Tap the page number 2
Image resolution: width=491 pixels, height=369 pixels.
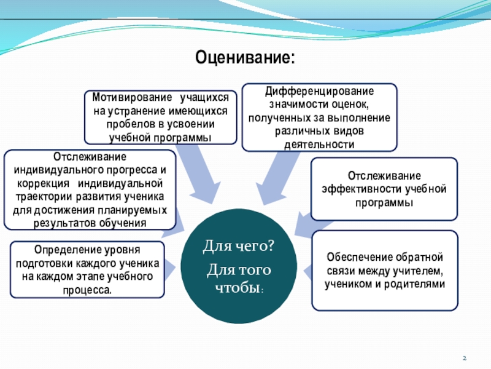pos(465,359)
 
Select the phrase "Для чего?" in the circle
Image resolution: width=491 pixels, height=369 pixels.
pos(239,247)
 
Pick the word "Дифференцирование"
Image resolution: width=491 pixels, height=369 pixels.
pos(319,92)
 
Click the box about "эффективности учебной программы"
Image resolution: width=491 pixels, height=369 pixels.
pos(384,188)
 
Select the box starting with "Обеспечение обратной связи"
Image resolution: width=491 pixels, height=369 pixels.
pos(384,271)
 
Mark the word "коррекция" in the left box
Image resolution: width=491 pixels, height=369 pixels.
pos(39,183)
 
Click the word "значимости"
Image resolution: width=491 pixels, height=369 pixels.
pos(286,105)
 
